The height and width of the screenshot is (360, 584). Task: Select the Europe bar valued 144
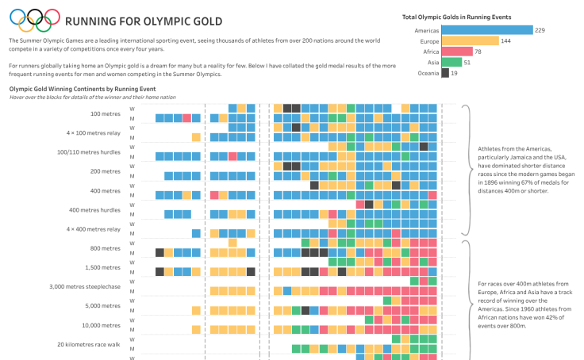click(x=470, y=40)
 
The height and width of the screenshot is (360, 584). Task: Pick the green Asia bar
click(x=451, y=62)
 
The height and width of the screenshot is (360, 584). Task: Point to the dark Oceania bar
click(x=445, y=73)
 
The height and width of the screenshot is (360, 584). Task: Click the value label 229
click(x=540, y=30)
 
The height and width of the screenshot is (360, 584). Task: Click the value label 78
click(x=478, y=52)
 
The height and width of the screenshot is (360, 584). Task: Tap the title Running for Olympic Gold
click(x=144, y=21)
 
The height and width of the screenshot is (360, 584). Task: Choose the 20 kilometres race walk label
click(x=89, y=344)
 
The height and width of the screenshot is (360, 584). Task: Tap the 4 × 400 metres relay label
click(x=94, y=229)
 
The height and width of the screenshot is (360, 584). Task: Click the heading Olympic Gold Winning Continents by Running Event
click(x=82, y=89)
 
